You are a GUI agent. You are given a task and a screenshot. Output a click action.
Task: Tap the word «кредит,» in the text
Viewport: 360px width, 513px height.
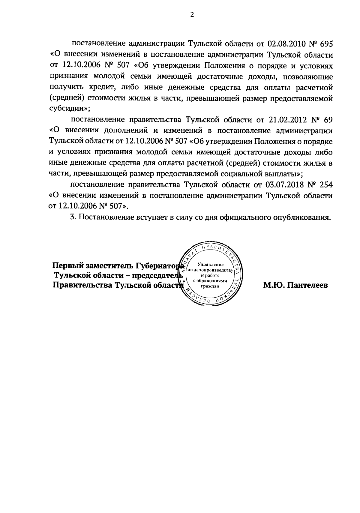(102, 88)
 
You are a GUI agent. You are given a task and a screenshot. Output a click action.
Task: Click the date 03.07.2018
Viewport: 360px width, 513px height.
(285, 185)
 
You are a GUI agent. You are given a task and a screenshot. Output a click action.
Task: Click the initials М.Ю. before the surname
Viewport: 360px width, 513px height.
(273, 285)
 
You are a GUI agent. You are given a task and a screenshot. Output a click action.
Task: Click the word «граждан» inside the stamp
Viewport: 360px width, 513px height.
(210, 286)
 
